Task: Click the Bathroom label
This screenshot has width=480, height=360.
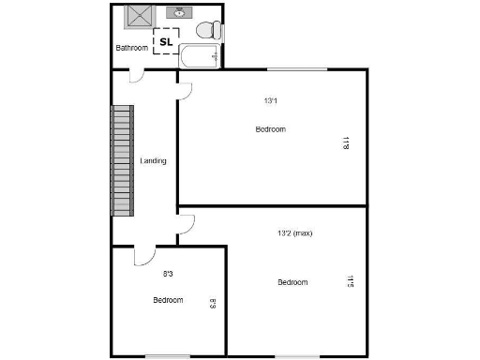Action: (x=131, y=48)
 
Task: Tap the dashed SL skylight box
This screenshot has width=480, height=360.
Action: (x=166, y=41)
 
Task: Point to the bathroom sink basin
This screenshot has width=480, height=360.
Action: (x=178, y=14)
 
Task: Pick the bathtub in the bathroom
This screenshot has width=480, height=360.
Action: (x=201, y=56)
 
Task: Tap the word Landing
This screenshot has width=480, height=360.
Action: (x=153, y=161)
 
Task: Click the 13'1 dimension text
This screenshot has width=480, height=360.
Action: (x=271, y=101)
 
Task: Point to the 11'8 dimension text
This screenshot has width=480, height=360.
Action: (x=345, y=143)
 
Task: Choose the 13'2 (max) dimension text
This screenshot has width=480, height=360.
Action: (x=293, y=234)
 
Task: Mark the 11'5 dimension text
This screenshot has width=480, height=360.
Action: (x=350, y=280)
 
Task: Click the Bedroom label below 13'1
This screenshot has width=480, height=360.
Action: (x=271, y=129)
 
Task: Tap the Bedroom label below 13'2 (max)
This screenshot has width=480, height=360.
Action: (x=292, y=282)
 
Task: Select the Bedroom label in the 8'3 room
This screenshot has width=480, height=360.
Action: (x=168, y=300)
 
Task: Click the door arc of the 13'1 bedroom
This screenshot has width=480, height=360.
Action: (x=185, y=90)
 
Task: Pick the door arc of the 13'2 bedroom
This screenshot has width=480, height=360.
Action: (x=187, y=225)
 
